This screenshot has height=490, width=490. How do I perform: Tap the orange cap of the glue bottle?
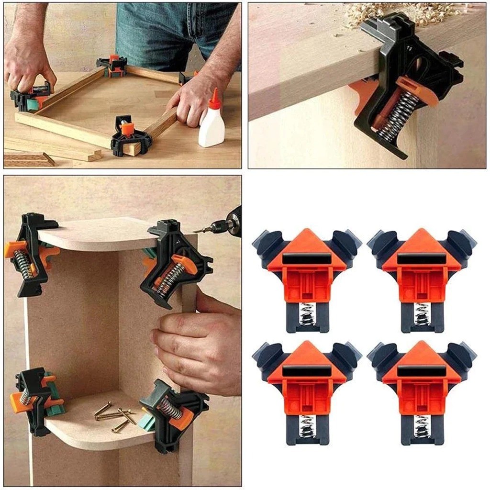[x=215, y=98]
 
